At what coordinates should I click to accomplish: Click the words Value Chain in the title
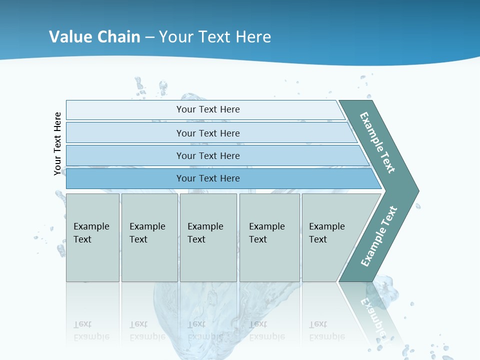[94, 37]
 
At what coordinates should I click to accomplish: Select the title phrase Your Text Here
[215, 37]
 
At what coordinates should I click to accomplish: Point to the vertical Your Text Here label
[58, 143]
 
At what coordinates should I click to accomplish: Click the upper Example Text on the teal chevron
[377, 143]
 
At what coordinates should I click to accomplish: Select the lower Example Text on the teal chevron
[379, 236]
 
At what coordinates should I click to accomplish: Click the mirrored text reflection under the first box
[91, 330]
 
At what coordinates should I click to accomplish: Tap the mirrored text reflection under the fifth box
[326, 330]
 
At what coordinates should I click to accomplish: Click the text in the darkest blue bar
[208, 178]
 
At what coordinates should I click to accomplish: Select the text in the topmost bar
[208, 109]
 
